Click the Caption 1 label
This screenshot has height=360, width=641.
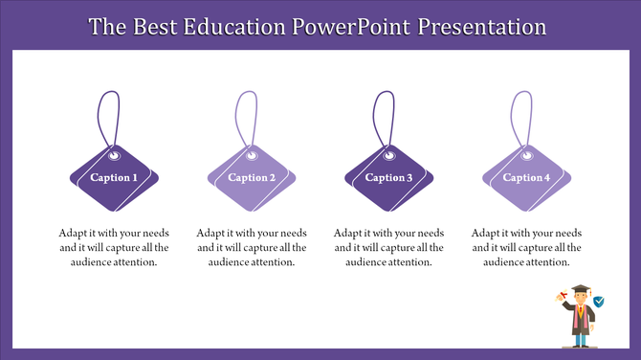click(x=114, y=178)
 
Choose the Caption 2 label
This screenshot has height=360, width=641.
click(x=252, y=178)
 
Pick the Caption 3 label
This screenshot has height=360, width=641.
click(x=389, y=178)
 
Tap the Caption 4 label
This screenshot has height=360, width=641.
click(x=527, y=178)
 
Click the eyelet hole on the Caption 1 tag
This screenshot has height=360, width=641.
click(x=116, y=152)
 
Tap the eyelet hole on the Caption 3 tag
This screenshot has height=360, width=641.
click(x=391, y=152)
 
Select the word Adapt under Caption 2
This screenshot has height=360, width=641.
click(x=212, y=233)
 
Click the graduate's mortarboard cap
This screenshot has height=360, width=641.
click(x=580, y=289)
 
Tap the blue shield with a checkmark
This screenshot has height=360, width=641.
click(x=599, y=302)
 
